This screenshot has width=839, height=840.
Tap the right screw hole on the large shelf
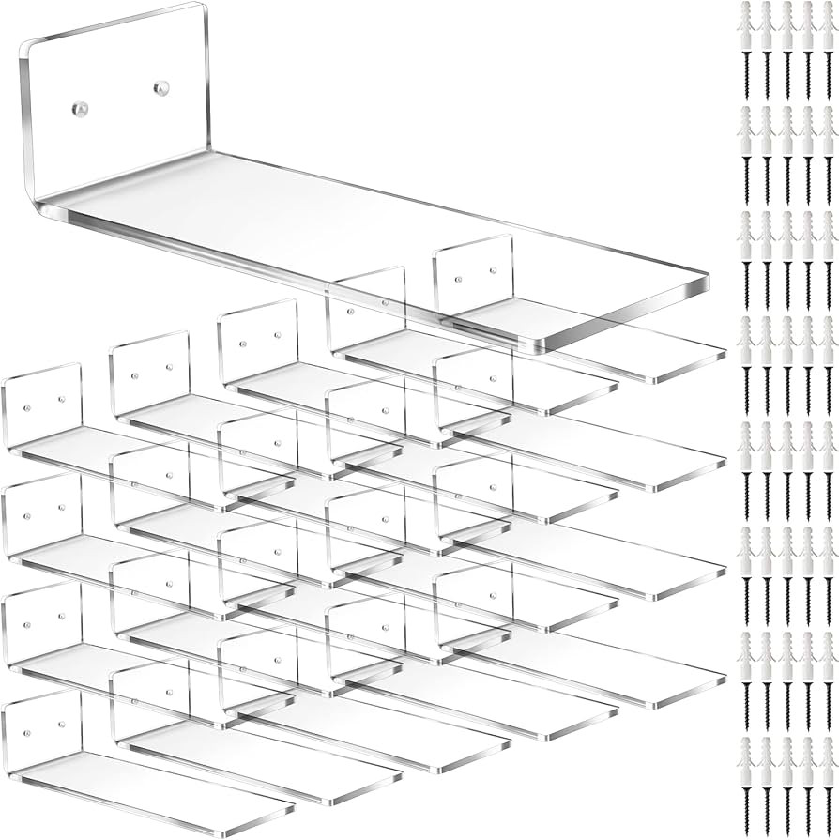click(x=160, y=88)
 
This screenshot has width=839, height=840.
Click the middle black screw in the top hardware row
click(x=786, y=70)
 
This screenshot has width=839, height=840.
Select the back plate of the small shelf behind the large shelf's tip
click(x=474, y=272)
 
